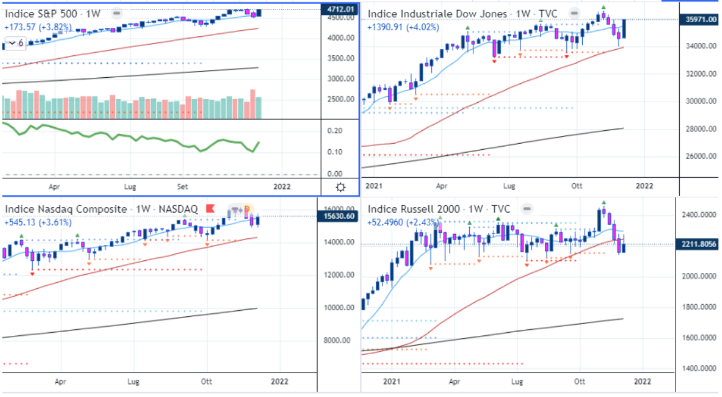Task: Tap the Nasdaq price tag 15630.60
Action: pos(340,216)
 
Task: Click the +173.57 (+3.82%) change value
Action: pos(37,27)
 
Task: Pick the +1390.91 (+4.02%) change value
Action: pos(403,27)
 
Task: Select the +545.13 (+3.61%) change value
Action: pos(37,223)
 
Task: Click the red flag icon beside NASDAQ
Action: pos(209,209)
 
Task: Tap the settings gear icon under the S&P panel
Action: pos(341,187)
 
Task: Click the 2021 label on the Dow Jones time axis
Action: pos(374,186)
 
